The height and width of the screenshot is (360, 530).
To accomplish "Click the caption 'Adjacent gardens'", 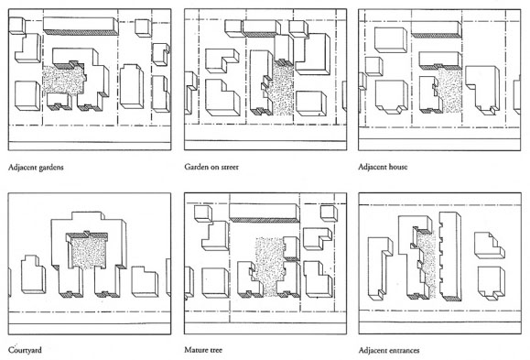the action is pos(36,167).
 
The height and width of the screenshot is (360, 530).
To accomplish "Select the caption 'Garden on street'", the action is pos(211,167).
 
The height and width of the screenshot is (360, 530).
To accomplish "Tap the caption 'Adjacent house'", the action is pos(383,167).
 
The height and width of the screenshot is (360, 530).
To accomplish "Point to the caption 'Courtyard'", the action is pos(25,350).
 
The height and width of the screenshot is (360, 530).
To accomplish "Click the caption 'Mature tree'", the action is pos(203,350).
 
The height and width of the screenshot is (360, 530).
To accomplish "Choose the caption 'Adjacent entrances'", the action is pos(389,350).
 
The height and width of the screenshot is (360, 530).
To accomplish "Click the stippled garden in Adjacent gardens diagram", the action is pos(63,80).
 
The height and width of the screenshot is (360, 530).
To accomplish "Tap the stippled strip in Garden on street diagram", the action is pos(283,90).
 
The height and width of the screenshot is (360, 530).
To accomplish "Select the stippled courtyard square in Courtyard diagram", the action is pos(90,253).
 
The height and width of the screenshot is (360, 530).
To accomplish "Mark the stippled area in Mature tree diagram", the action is pos(269,266).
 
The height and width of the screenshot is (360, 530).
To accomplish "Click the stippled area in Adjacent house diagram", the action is pos(449,90).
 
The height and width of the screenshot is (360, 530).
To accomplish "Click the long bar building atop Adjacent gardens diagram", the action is pos(81,26).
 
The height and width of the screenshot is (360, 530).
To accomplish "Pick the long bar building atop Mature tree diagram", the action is pos(265,213).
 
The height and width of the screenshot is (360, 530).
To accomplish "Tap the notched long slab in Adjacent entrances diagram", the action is pos(449,256).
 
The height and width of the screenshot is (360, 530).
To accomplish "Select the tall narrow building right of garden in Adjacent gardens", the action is pos(132,86).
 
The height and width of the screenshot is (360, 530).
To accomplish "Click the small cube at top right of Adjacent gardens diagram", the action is pos(144,27).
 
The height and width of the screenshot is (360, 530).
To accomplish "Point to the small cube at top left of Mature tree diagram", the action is pos(203,213).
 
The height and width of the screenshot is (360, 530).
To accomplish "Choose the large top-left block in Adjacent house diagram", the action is pos(391,40).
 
